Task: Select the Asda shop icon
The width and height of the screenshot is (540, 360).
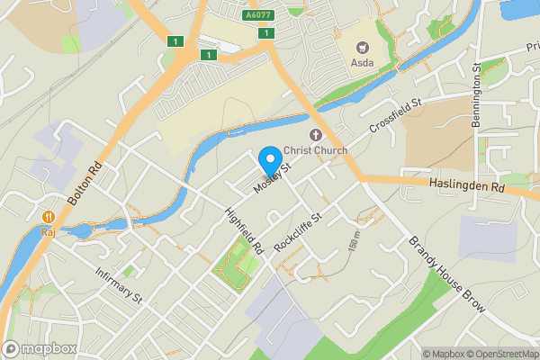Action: (364, 48)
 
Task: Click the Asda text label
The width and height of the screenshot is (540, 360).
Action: (364, 64)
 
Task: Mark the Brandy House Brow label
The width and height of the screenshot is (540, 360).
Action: (447, 275)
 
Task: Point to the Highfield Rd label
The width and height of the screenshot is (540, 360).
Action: (243, 229)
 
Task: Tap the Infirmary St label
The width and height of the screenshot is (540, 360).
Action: (120, 283)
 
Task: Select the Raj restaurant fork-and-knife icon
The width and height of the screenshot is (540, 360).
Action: (47, 217)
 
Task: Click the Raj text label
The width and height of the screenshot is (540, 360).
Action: (47, 231)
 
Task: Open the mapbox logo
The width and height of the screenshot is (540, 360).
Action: (39, 348)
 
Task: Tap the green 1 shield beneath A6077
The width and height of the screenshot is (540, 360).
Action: (266, 33)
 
